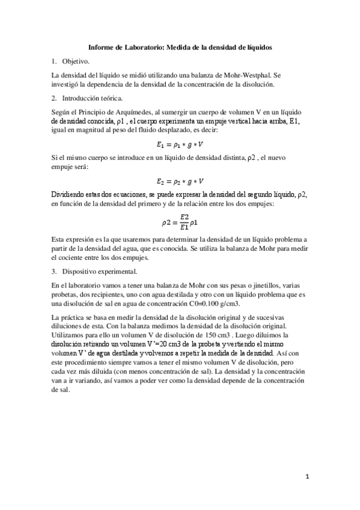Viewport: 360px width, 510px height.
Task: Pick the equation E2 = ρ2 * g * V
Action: point(180,180)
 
